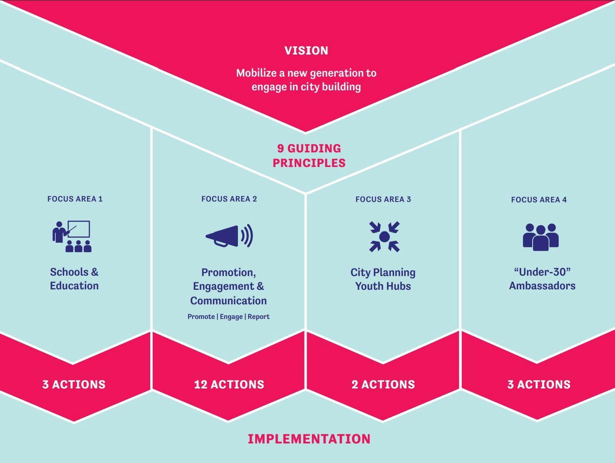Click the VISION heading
coord(306,51)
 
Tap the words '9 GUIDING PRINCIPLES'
coord(309,155)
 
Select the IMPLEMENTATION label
coord(309,439)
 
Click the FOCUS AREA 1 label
coord(75,199)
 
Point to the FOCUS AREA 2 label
coord(229,199)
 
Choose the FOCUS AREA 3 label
coord(383,199)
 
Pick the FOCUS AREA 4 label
coord(538,200)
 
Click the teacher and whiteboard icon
coord(72,236)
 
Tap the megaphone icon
coord(229,236)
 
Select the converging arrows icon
coord(384,236)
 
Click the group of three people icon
coord(540,237)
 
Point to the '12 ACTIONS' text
coord(229,384)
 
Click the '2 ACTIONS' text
coord(383,384)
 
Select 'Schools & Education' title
coord(74,279)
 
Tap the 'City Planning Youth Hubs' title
coord(383,279)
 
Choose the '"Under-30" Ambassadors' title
coord(542,279)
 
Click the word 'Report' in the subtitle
coord(258,317)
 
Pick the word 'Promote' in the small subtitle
coord(201,317)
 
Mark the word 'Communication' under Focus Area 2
coord(228,301)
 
